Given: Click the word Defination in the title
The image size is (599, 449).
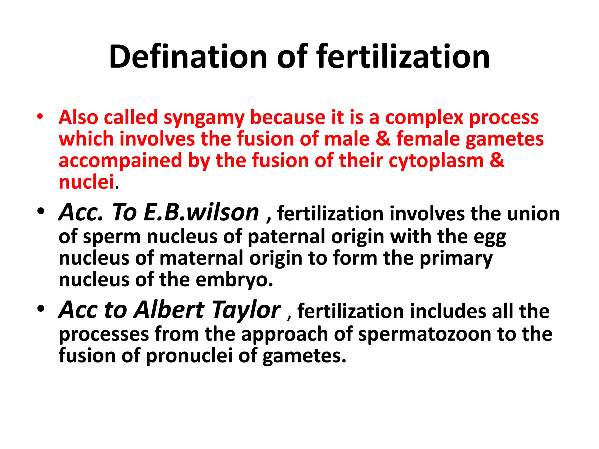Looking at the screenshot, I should coord(188,56).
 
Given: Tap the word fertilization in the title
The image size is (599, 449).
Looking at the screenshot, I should coord(403,56).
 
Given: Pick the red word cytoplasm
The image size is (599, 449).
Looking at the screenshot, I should coord(436,161).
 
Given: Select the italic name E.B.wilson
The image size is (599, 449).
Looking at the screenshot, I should coord(201,212).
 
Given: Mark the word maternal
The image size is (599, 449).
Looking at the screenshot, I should coord(201,258).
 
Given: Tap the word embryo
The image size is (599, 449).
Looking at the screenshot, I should coord(234,280).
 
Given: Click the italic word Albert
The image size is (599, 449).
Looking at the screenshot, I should coord(169,310).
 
